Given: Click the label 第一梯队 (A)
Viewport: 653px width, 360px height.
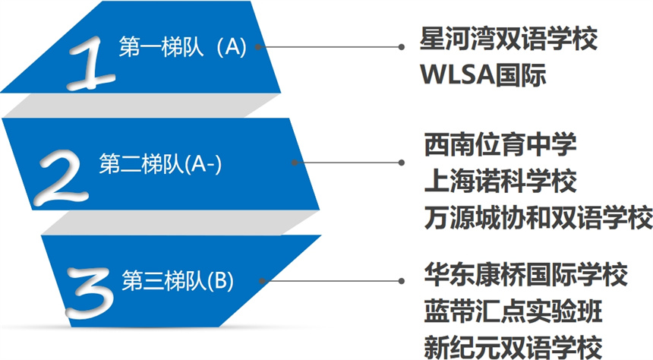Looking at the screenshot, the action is pos(182,46).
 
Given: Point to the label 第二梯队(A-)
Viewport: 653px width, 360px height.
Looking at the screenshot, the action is pos(160,163).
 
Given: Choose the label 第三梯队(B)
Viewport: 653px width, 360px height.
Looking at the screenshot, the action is pos(178,280).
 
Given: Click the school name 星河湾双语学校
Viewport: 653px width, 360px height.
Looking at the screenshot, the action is pos(509,38).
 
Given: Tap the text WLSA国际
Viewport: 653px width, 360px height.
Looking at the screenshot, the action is pos(483,74).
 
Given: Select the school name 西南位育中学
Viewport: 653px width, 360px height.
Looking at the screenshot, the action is pos(500,144).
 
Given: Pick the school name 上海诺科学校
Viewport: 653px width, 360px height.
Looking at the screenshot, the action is pos(500,181).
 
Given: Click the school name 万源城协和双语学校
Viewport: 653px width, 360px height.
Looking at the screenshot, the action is pos(538,217).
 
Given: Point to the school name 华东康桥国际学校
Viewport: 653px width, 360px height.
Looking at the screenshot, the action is pos(525,275).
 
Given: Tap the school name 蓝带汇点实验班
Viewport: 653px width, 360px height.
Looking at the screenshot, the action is pos(513,311).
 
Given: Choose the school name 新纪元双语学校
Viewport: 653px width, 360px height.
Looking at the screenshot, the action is pos(513,346).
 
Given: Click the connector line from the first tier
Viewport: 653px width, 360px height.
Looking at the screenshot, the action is pos(330,46).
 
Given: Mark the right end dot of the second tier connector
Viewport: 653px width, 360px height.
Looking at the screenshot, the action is pos(402,163).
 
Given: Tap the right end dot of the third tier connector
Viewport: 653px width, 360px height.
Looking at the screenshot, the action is pos(402,281).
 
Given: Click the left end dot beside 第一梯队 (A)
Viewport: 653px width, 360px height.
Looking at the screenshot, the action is pos(258,46).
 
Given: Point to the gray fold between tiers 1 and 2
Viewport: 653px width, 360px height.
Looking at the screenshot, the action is pos(141,105).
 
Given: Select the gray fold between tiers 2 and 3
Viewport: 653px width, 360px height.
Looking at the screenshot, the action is pos(180,223).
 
